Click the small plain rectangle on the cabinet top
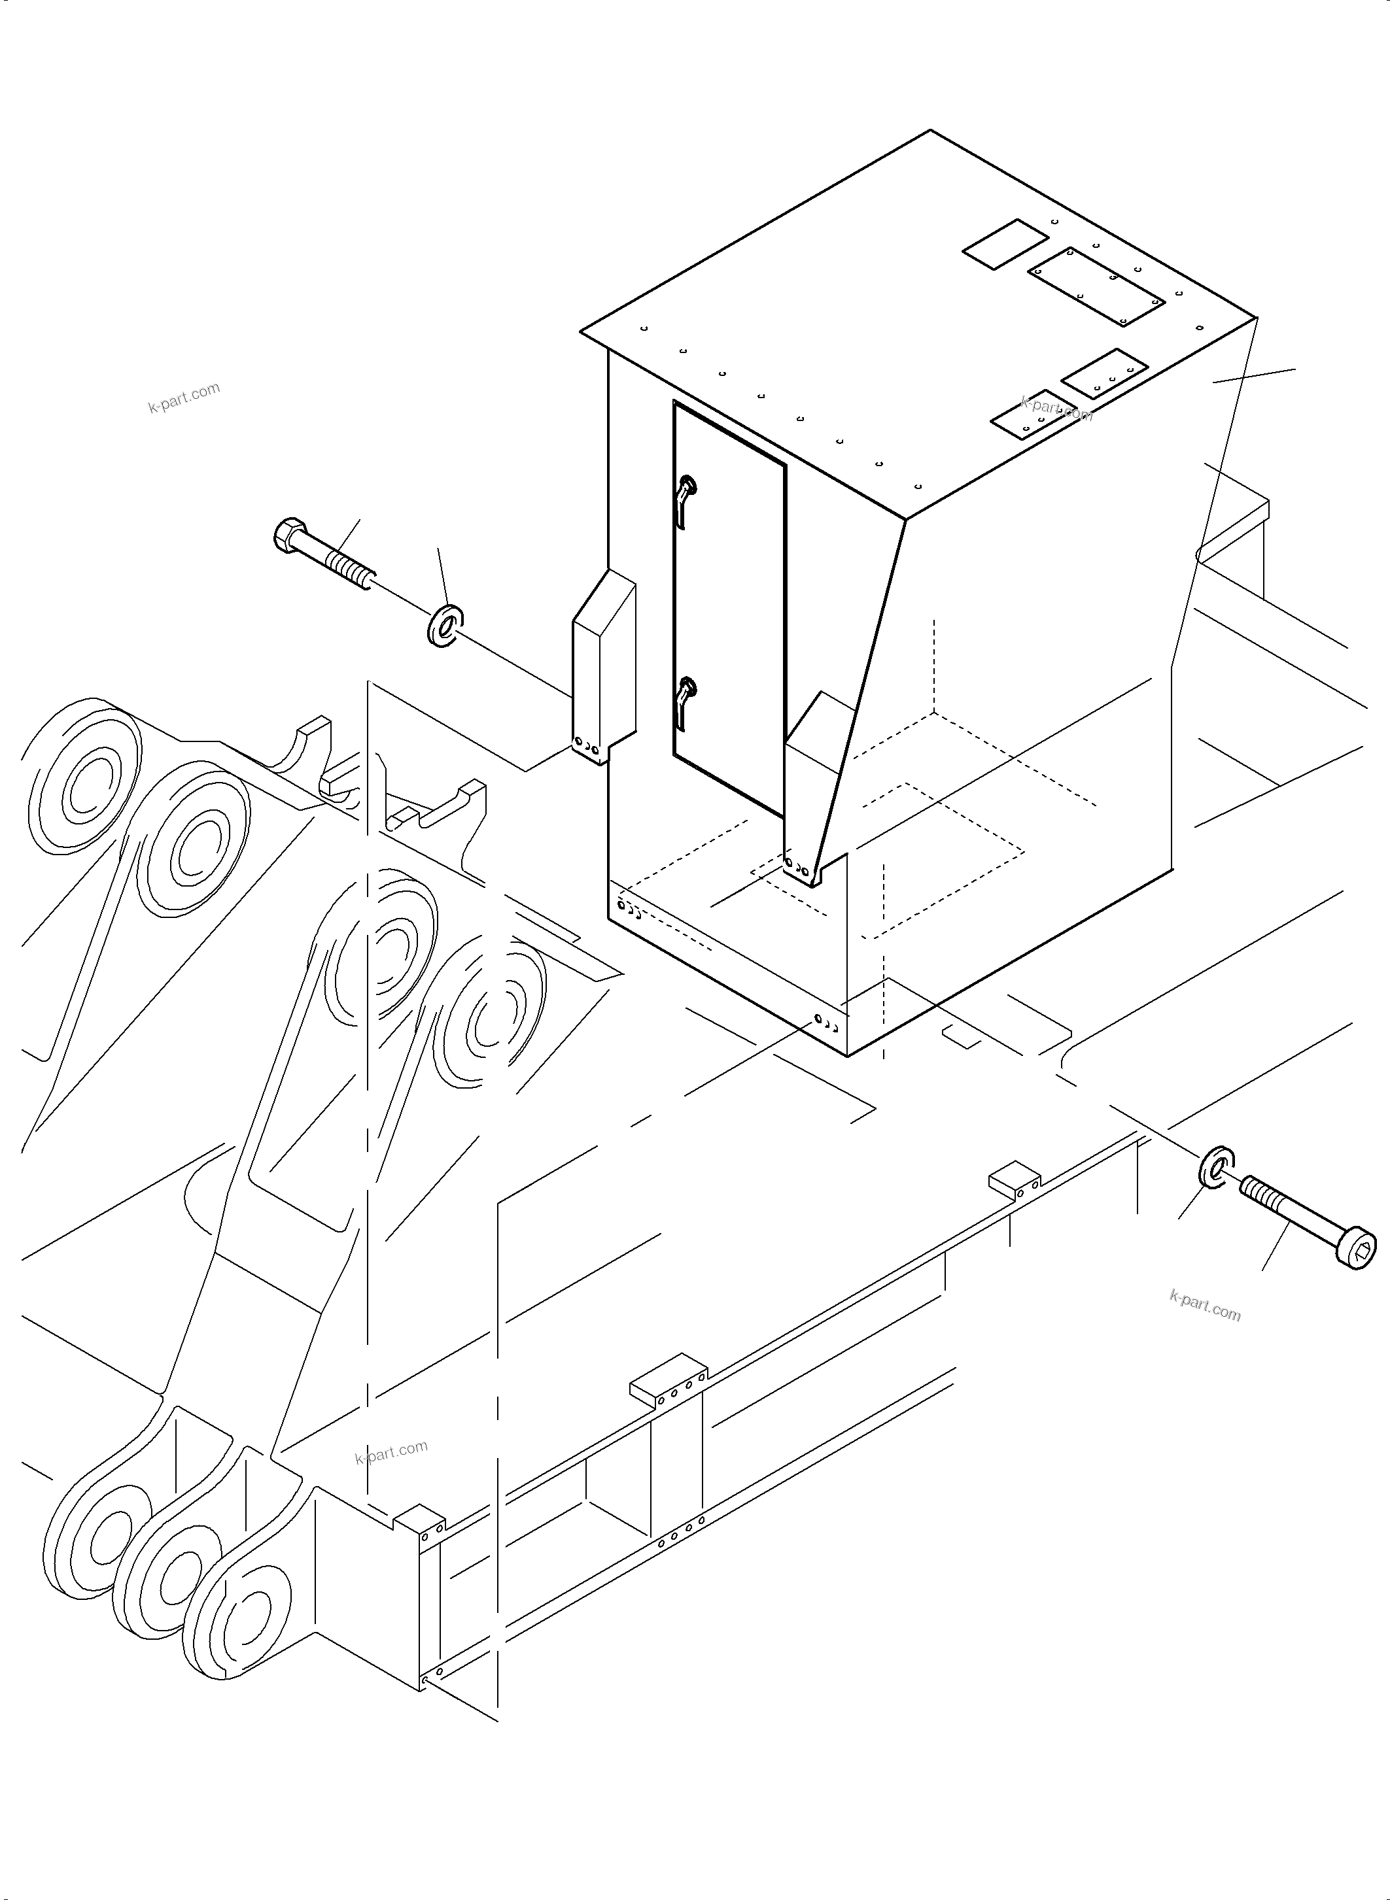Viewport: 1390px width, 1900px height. tap(1005, 244)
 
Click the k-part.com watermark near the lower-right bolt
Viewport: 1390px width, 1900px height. tap(1204, 1304)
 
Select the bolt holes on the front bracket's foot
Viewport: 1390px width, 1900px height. tap(797, 866)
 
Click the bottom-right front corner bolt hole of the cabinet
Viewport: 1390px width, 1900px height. tap(827, 1023)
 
